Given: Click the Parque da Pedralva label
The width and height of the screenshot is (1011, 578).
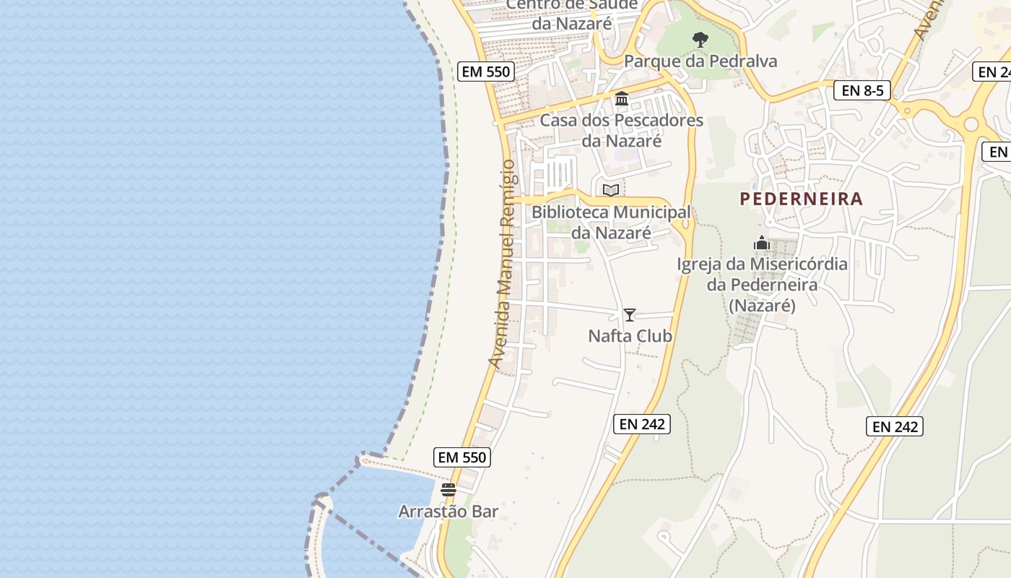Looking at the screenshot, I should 700,61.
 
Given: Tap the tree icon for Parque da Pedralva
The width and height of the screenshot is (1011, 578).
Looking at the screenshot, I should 700,40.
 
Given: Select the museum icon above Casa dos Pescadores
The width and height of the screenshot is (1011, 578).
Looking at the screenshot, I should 622,98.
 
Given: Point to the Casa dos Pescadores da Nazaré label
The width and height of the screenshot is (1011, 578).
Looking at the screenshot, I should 622,130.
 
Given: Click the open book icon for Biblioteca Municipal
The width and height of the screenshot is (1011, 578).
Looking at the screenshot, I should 611,191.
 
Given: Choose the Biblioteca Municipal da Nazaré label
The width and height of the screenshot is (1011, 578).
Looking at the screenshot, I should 611,223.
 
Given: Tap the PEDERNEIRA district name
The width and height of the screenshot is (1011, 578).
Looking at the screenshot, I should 802,199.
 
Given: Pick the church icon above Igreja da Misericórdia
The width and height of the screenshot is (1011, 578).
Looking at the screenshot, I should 762,243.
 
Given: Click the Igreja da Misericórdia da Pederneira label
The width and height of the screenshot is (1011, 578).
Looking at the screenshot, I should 762,285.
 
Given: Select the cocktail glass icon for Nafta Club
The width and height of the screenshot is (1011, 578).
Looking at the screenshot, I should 630,315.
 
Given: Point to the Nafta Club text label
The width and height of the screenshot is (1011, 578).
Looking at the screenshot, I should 630,336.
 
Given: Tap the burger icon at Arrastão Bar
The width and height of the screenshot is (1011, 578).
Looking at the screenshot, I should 448,490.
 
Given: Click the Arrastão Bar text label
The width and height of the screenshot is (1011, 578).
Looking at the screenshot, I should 448,512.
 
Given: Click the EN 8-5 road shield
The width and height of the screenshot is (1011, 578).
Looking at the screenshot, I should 862,90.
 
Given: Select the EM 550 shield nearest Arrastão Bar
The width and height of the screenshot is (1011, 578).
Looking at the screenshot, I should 463,457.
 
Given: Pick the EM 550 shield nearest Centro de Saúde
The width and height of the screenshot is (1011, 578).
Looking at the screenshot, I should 485,72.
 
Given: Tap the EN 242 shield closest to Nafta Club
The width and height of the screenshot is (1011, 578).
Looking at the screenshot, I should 642,424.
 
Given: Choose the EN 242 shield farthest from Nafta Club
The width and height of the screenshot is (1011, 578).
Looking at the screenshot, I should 895,426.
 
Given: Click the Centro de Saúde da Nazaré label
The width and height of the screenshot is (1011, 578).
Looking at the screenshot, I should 572,14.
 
